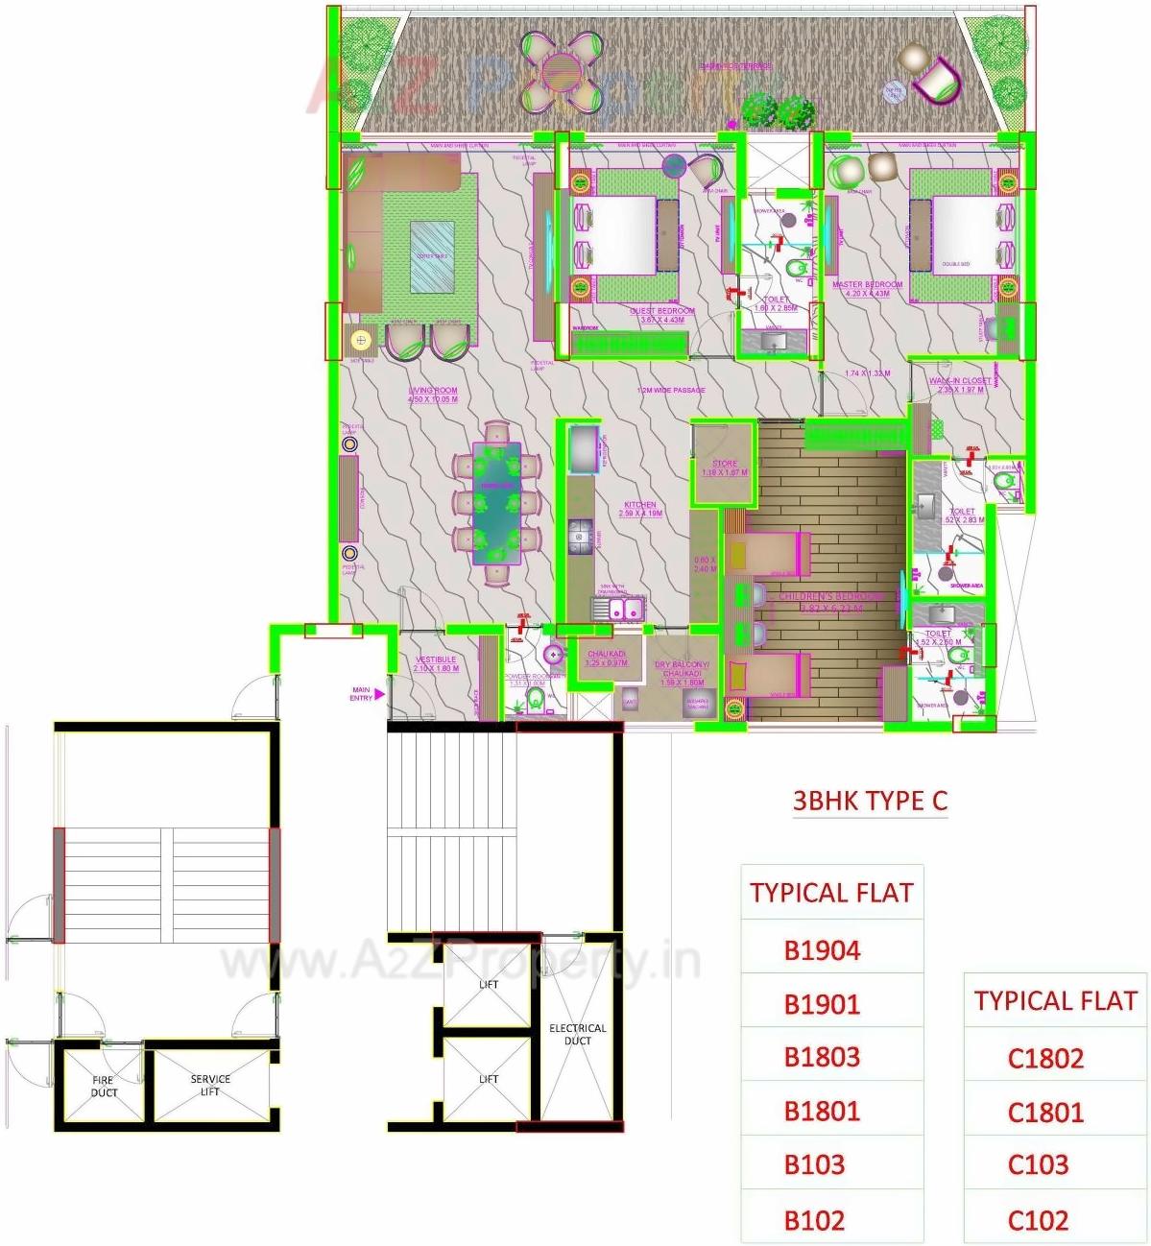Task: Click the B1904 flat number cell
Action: pyautogui.click(x=822, y=950)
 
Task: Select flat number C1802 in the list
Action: pyautogui.click(x=1045, y=1058)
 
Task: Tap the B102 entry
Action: pyautogui.click(x=814, y=1220)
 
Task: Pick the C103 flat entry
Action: pyautogui.click(x=1038, y=1165)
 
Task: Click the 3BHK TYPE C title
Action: pyautogui.click(x=870, y=801)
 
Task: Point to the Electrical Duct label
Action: pyautogui.click(x=577, y=1034)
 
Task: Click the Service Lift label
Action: pyautogui.click(x=210, y=1085)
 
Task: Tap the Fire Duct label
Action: pyautogui.click(x=104, y=1087)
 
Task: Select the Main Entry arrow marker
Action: pyautogui.click(x=379, y=693)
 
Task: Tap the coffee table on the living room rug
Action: pyautogui.click(x=432, y=256)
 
